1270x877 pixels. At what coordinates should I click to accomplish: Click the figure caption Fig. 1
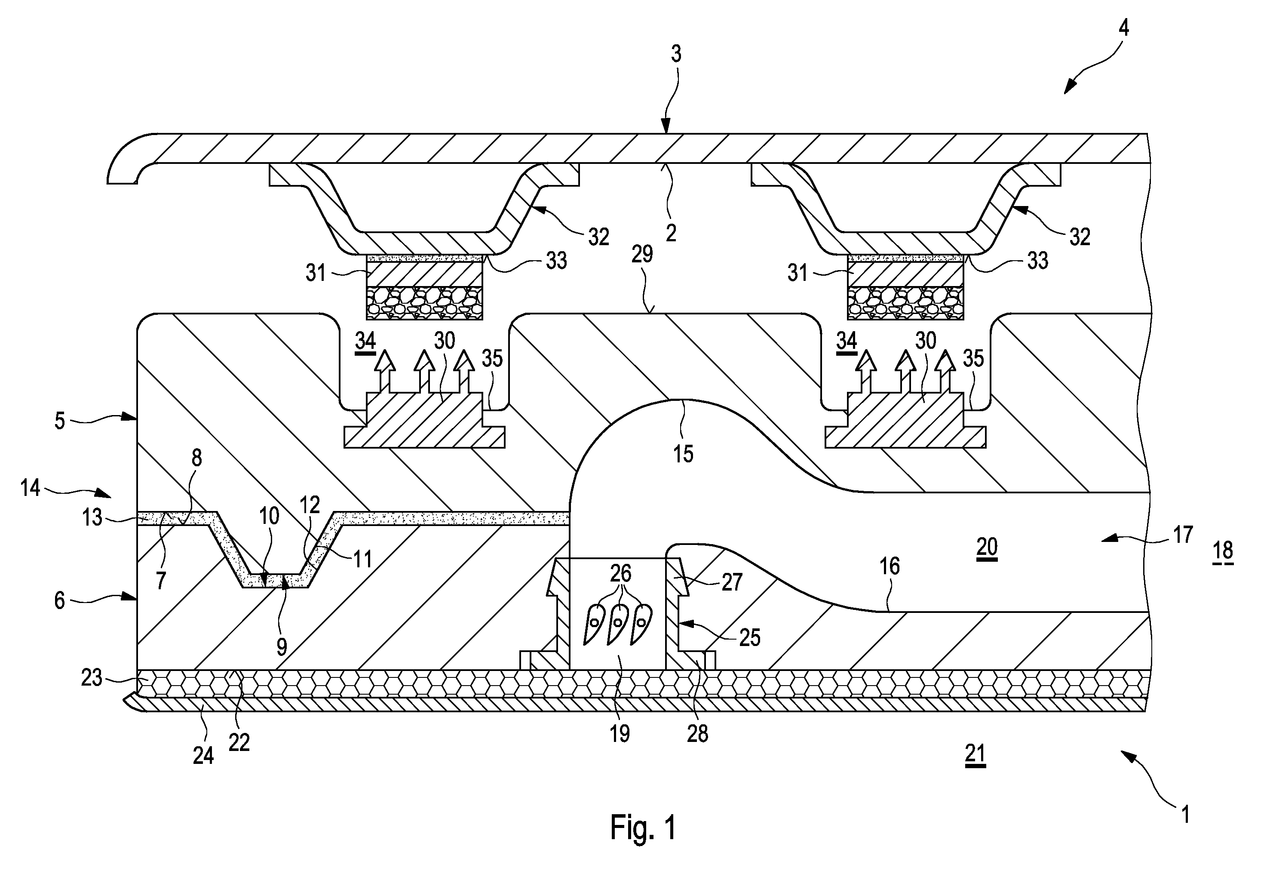643,827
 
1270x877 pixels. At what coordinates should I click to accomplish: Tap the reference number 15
683,454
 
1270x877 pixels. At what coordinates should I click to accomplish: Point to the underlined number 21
975,754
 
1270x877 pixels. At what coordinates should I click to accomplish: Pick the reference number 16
890,566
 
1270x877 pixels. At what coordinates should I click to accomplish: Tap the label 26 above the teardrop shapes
621,574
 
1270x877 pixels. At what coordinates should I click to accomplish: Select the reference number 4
1123,27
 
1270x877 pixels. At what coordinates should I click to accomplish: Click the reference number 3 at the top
676,53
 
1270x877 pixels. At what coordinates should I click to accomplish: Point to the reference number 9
281,647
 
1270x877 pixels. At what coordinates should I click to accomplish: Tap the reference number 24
203,756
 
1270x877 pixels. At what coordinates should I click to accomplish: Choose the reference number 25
750,637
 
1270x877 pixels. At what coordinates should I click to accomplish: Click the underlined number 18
1223,551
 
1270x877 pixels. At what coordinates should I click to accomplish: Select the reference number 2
671,233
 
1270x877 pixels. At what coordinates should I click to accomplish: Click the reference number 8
196,458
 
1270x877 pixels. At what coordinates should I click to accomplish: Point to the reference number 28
698,734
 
